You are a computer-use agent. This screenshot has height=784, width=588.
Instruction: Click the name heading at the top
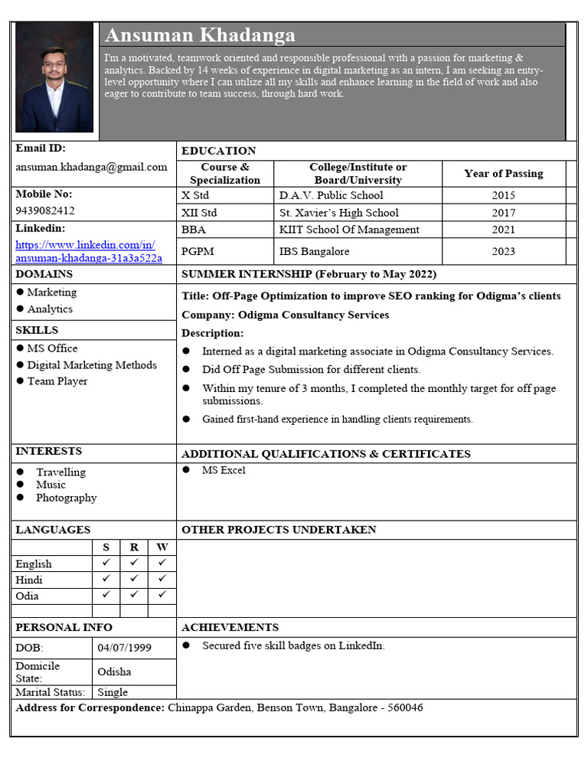click(x=199, y=35)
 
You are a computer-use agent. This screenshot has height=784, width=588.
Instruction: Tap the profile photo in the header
click(x=54, y=77)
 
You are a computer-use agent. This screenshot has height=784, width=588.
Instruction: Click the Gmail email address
click(x=91, y=167)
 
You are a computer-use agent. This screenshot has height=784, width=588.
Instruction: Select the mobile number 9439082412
click(x=45, y=210)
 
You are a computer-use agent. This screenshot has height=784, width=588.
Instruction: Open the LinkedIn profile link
click(x=89, y=251)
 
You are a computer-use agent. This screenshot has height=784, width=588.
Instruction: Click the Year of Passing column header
click(x=503, y=173)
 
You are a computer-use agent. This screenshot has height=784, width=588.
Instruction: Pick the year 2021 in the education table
click(x=503, y=230)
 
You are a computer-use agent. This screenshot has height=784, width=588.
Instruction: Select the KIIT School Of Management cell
click(x=349, y=230)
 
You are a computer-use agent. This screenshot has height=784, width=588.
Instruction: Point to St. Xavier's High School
click(x=338, y=213)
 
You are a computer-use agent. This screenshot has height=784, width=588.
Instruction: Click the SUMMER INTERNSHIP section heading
click(x=309, y=274)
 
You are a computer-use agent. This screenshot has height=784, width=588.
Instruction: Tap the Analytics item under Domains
click(x=50, y=309)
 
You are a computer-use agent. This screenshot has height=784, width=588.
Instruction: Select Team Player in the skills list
click(x=57, y=381)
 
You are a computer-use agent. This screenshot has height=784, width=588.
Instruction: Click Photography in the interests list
click(x=67, y=498)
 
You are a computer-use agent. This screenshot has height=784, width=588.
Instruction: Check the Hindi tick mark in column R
click(x=134, y=580)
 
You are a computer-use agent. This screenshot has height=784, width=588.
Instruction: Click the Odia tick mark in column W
click(x=162, y=595)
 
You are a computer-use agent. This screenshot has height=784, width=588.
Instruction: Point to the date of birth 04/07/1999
click(x=125, y=648)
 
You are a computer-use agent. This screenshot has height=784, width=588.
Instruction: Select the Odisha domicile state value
click(x=114, y=671)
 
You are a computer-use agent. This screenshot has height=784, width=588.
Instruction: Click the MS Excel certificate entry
click(x=224, y=470)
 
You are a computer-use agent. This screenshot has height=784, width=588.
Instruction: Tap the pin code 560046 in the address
click(x=405, y=707)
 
